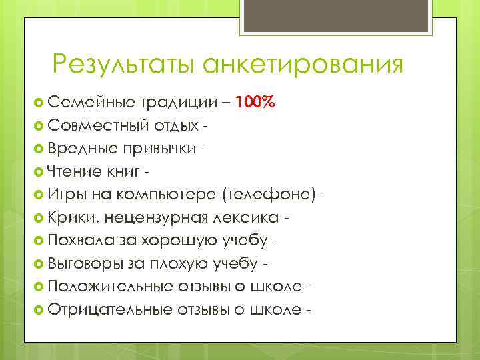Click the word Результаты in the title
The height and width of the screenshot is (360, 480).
click(x=125, y=64)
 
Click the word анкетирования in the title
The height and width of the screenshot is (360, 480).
click(x=303, y=64)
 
